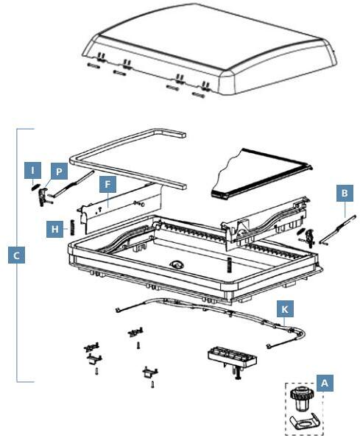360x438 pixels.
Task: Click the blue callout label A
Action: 325,383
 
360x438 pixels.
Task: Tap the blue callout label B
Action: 345,193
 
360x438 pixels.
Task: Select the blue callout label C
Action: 16,255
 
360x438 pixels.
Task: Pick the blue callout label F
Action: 107,184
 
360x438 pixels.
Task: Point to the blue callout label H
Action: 54,229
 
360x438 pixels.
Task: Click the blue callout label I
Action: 32,170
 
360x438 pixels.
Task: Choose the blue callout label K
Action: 285,308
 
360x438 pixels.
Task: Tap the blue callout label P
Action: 59,171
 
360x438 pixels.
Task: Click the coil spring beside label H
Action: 73,227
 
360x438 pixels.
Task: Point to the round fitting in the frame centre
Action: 177,264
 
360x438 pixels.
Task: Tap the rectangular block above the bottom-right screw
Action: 232,357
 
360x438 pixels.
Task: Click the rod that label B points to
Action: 339,230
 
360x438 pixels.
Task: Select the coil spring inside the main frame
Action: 229,264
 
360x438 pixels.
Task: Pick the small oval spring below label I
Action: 35,187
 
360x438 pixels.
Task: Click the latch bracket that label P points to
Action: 43,197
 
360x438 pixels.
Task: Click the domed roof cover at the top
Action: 210,50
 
